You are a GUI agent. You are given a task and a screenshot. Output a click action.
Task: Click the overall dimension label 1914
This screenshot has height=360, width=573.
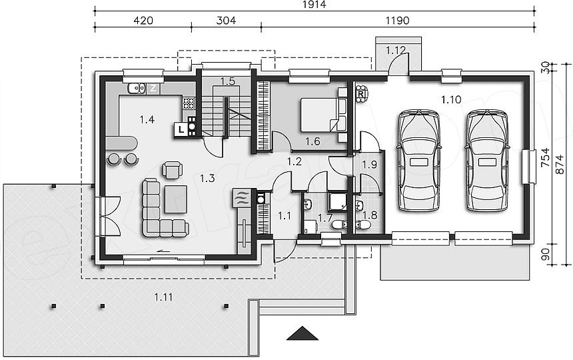[x=314, y=5]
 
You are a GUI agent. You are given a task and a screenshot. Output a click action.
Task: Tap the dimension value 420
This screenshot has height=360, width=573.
[x=143, y=21]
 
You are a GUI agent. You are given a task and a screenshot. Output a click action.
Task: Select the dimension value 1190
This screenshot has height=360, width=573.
[x=398, y=21]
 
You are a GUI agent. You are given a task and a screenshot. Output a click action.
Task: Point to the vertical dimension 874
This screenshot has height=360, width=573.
[x=560, y=166]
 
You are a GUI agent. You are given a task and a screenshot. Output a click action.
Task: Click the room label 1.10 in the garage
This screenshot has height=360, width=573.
[x=451, y=99]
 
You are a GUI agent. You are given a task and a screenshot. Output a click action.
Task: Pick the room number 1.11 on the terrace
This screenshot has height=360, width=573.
[x=163, y=297]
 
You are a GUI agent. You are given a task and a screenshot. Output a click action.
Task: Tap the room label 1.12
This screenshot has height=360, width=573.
[x=396, y=51]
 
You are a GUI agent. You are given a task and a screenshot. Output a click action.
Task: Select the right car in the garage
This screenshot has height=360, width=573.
[x=487, y=160]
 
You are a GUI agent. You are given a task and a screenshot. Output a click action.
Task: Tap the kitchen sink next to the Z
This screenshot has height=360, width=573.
[x=137, y=88]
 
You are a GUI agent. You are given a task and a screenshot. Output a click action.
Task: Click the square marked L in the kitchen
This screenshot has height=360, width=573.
[x=181, y=129]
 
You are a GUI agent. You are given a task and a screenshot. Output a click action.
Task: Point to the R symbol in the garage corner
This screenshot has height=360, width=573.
[x=361, y=94]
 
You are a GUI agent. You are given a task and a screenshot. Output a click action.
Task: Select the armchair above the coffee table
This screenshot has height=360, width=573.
[x=172, y=169]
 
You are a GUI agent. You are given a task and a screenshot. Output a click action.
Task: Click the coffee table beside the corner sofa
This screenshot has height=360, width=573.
[x=176, y=199]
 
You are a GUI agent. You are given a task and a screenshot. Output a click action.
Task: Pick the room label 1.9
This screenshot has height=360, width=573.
[x=370, y=165]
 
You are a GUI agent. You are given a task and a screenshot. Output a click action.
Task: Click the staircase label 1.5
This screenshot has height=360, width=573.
[x=228, y=81]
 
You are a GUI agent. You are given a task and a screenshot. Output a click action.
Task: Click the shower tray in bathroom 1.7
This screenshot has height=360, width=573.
[x=337, y=202]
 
